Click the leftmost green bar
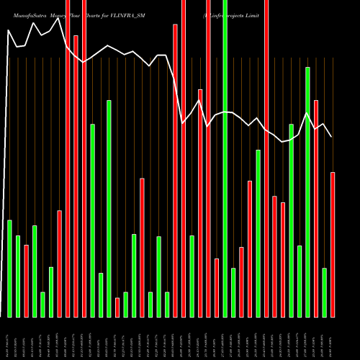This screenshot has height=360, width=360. point(9,268)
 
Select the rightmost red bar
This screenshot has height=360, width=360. point(333,245)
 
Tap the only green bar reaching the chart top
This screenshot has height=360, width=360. point(225,158)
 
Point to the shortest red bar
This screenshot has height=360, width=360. point(117,307)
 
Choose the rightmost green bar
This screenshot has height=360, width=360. point(324,292)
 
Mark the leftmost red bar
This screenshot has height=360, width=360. point(26,281)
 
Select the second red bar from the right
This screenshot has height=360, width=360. point(316,209)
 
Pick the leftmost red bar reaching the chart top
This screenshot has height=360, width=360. point(68,158)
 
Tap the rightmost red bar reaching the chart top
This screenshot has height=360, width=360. point(266,158)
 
